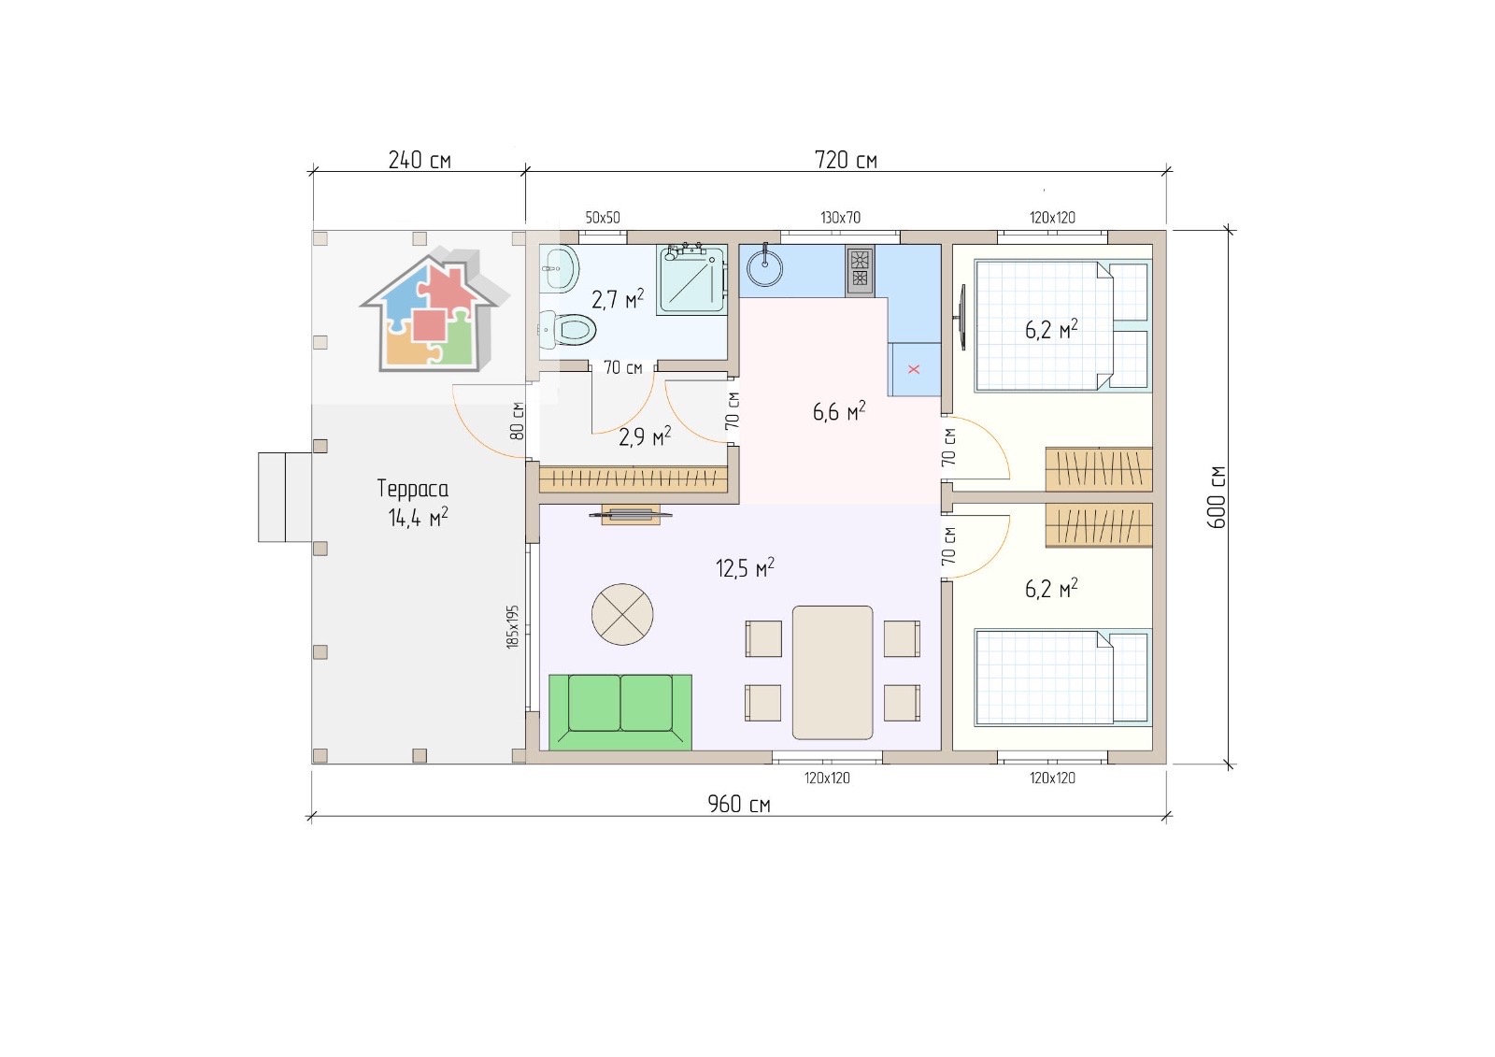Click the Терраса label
412,489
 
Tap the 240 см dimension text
420,160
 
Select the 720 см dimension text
846,160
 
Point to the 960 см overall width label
739,805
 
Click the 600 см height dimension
1217,497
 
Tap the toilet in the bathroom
567,329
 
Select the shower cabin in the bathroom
692,279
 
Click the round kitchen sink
764,269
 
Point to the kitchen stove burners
861,270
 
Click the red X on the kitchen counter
914,369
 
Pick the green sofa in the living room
620,712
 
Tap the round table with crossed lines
622,614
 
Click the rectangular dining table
833,672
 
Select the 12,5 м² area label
745,568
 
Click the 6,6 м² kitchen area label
839,411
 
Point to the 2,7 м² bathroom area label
618,299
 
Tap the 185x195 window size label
513,627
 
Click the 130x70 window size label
840,218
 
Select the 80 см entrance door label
517,421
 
